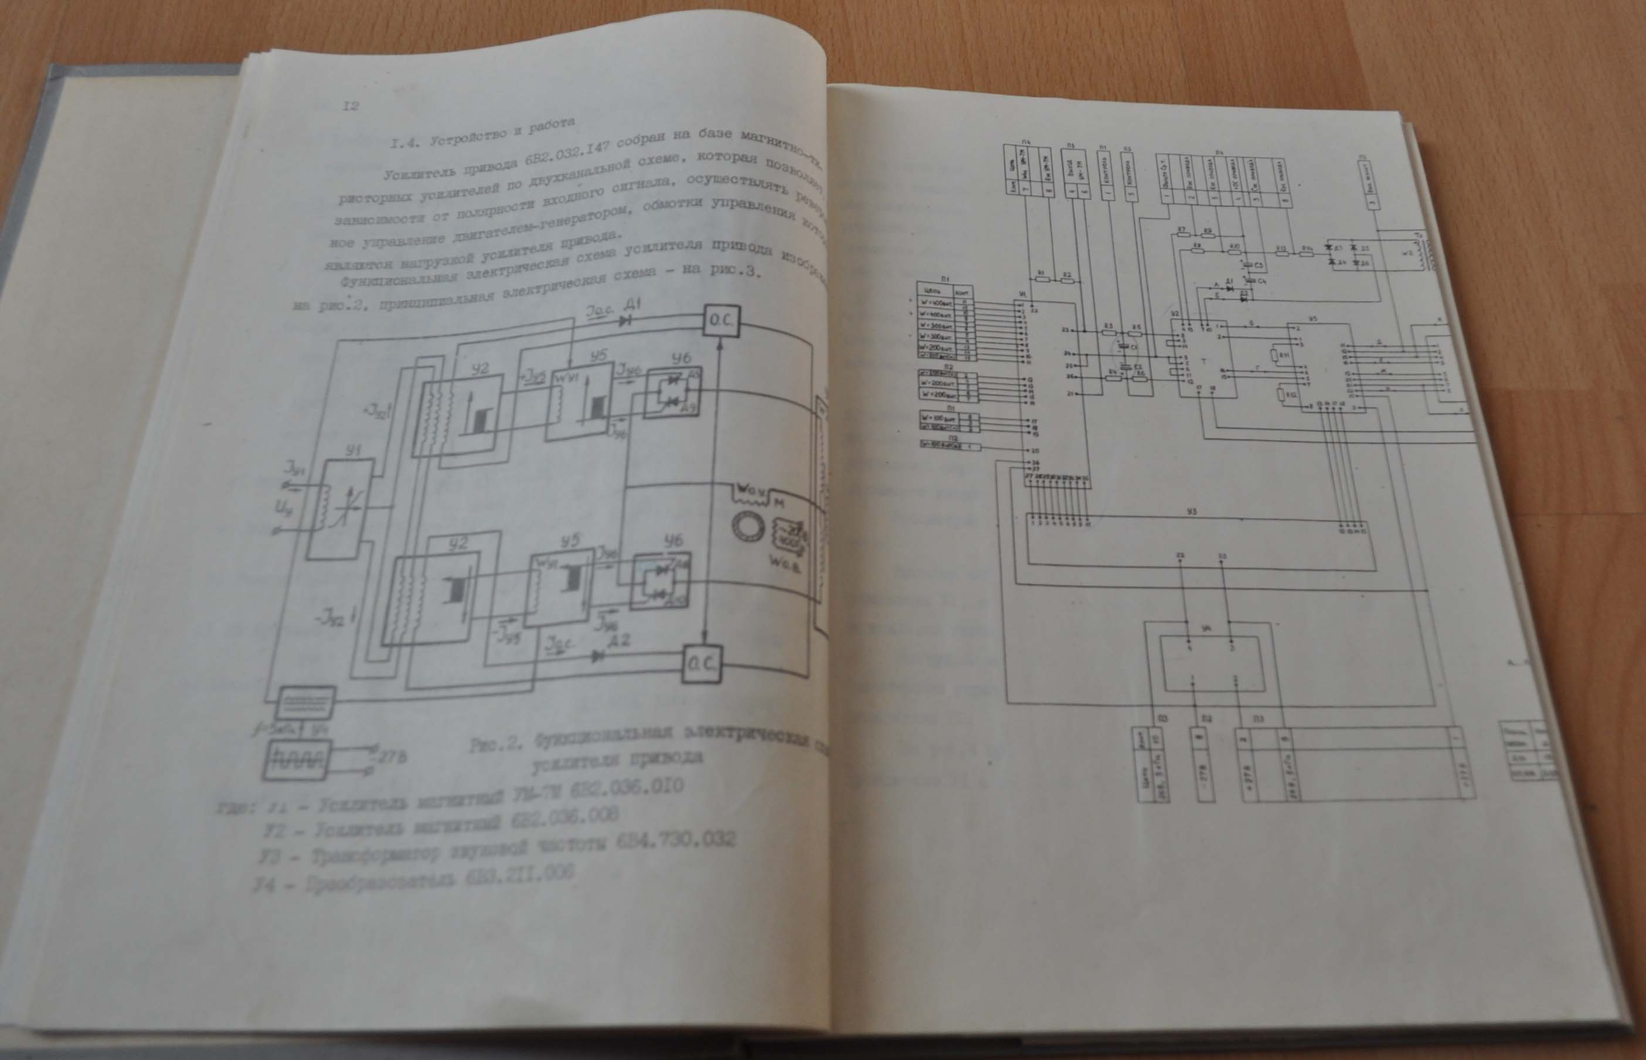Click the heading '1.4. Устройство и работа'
click(482, 134)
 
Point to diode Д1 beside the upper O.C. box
click(626, 321)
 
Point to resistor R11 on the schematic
click(1274, 356)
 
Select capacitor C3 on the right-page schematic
click(1247, 264)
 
